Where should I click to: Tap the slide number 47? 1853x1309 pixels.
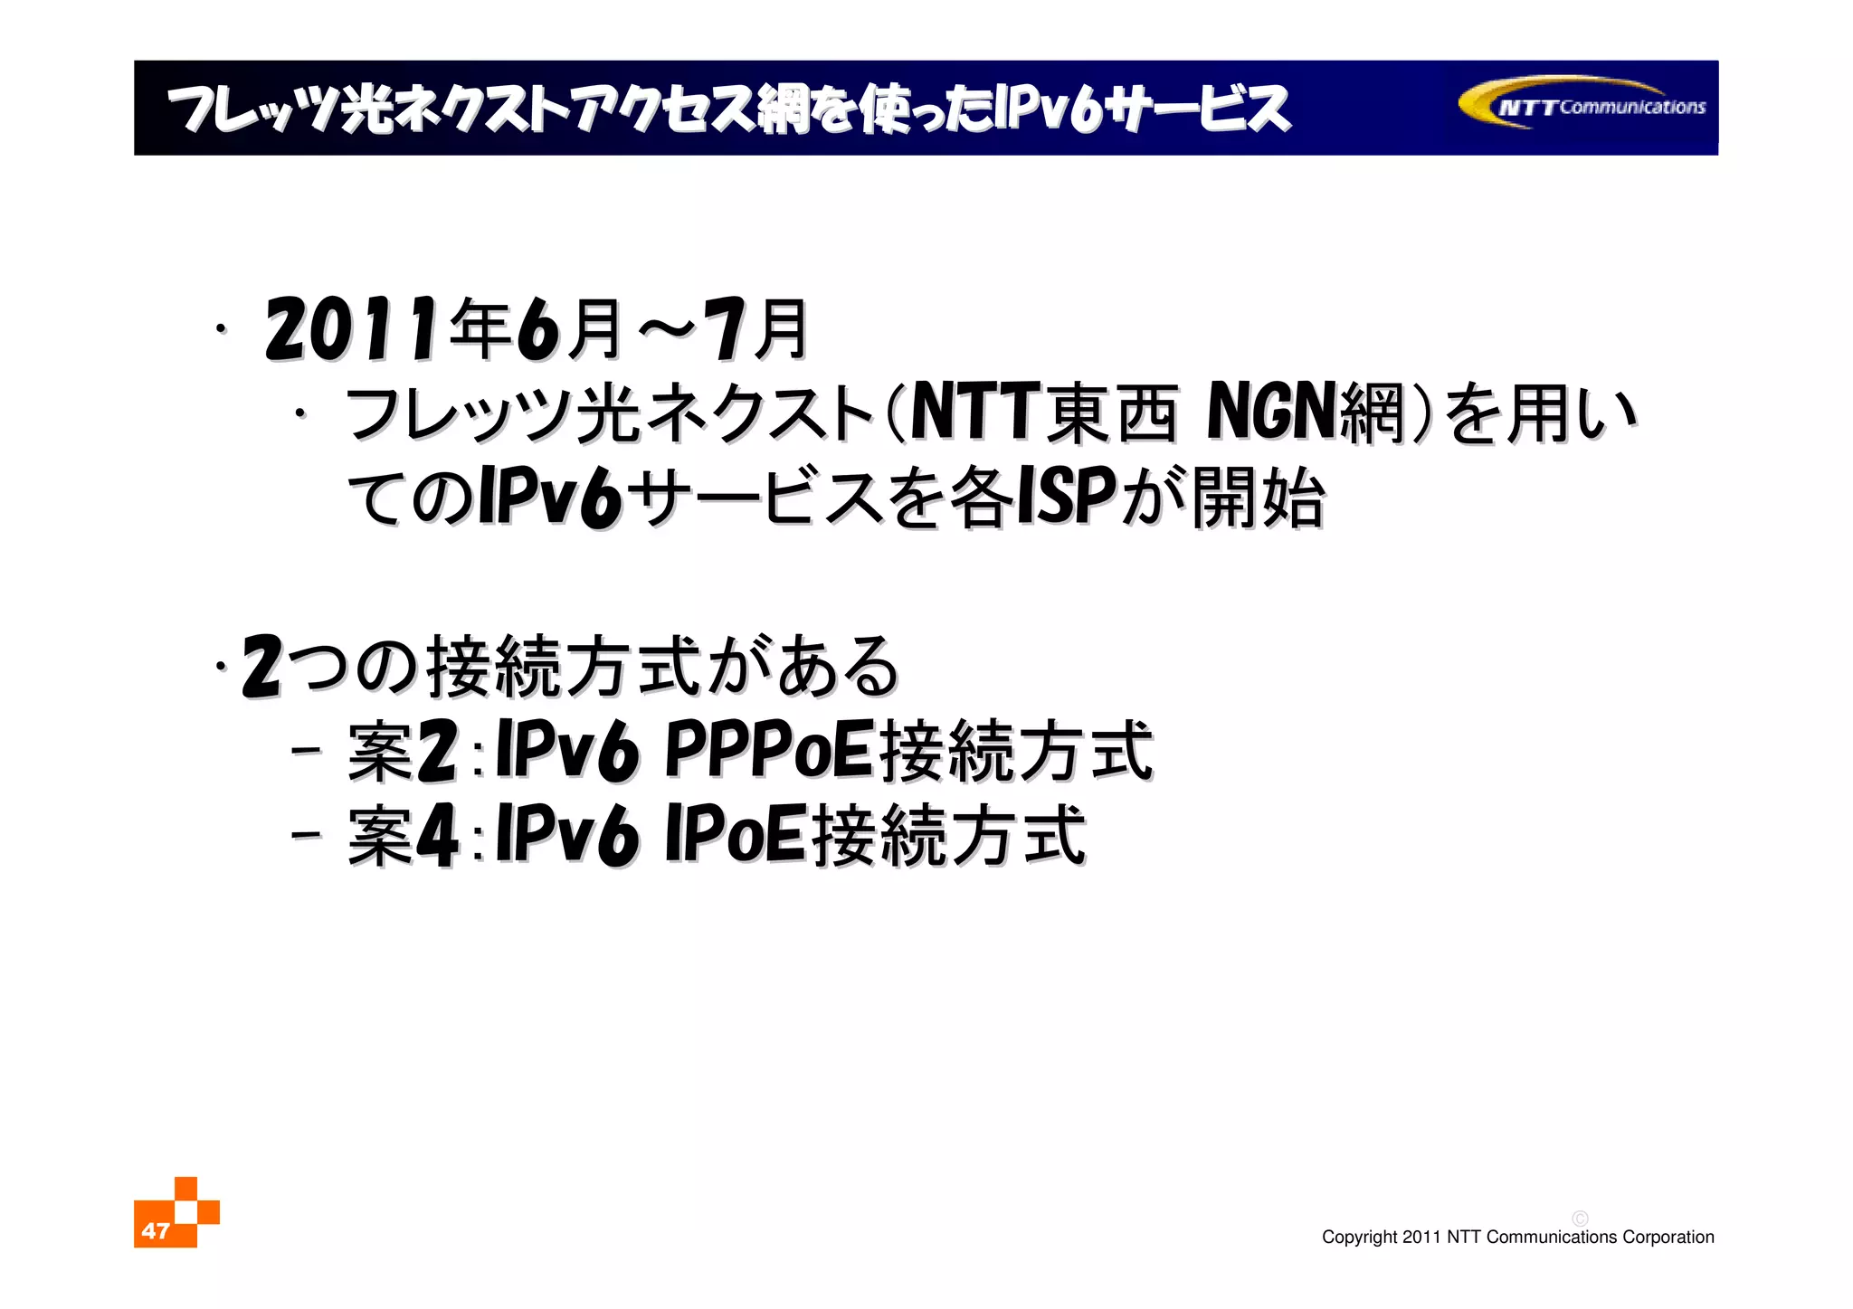(x=156, y=1230)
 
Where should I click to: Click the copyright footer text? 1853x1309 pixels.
(x=1517, y=1238)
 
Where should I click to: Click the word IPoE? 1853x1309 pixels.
(x=735, y=834)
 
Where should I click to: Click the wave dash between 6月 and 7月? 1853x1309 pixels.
(x=669, y=331)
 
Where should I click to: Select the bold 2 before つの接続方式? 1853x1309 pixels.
(x=262, y=667)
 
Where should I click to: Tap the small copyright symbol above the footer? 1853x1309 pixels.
(x=1580, y=1219)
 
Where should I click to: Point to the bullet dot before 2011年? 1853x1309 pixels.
(x=220, y=330)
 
